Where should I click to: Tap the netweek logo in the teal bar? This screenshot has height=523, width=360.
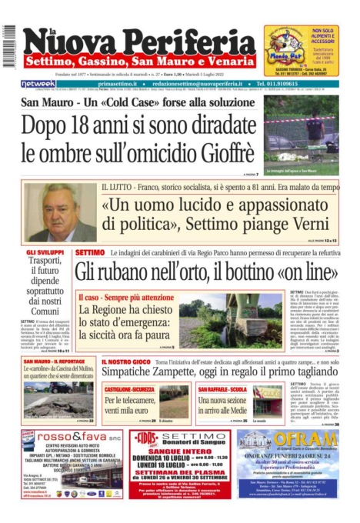point(38,84)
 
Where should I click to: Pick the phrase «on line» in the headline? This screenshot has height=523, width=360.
point(308,271)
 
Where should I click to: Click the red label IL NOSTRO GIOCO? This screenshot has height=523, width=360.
point(127,361)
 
